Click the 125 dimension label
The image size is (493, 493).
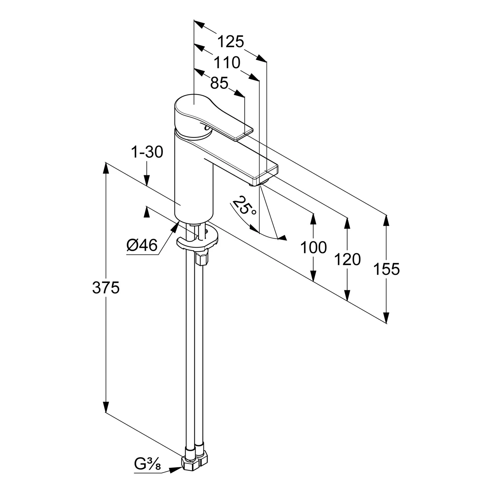(x=231, y=42)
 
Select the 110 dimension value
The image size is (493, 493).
(x=227, y=62)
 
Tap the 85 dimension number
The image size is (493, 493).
(x=219, y=83)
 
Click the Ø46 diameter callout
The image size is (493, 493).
(x=142, y=245)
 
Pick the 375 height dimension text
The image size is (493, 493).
(x=106, y=288)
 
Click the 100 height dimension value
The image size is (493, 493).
(x=314, y=247)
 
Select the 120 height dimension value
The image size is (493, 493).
(x=347, y=259)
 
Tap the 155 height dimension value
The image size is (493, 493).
(x=387, y=269)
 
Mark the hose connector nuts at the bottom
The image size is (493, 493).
(x=195, y=458)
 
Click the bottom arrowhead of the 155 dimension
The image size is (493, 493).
(x=387, y=317)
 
